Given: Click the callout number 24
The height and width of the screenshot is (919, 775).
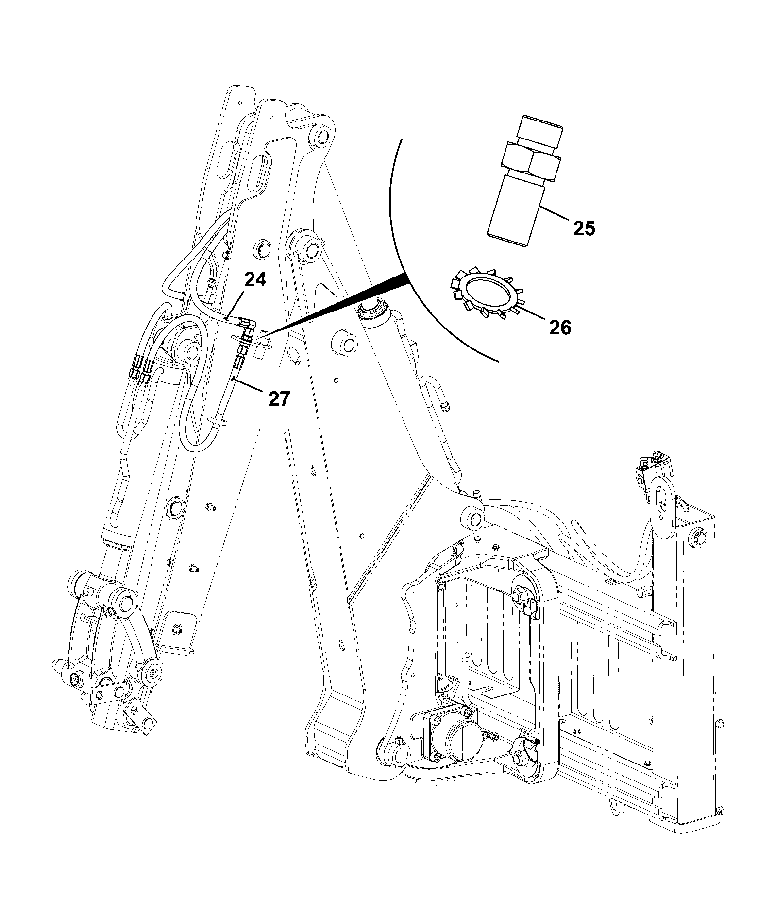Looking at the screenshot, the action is [255, 280].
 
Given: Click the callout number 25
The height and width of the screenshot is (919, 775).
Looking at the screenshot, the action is [584, 228].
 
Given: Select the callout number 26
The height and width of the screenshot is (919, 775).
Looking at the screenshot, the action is [560, 328].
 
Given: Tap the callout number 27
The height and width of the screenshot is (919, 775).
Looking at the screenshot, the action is [279, 399].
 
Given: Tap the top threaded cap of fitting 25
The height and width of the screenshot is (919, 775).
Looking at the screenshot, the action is [540, 130].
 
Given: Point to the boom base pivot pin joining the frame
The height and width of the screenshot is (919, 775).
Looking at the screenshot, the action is [474, 518].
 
